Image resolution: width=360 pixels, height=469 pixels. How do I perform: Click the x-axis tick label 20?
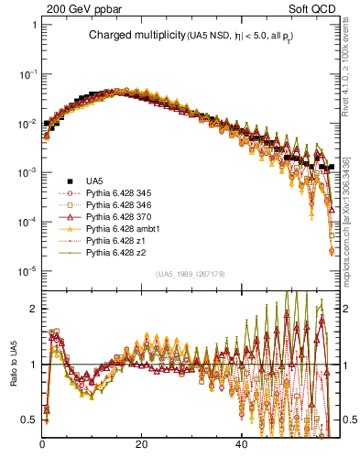pos(141,444)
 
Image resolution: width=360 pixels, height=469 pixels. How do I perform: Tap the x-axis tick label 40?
pos(240,444)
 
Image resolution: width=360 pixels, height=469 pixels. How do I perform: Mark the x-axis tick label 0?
pos(43,444)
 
